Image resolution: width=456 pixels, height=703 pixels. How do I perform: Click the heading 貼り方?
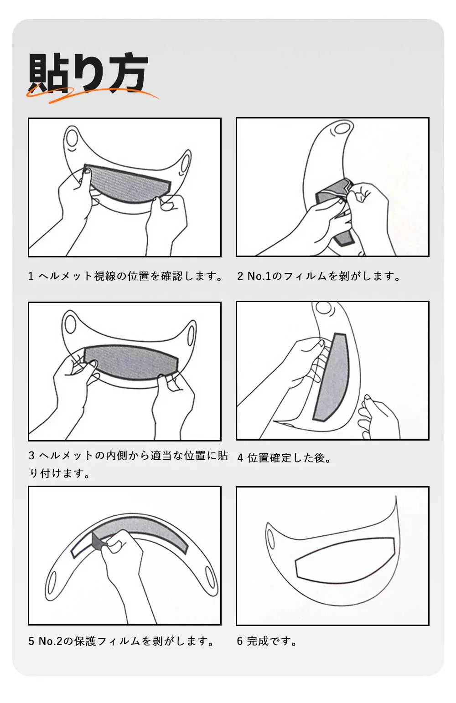(x=88, y=74)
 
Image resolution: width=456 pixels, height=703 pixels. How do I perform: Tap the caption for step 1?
(x=125, y=276)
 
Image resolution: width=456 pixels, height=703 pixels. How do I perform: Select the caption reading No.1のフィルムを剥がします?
(x=319, y=276)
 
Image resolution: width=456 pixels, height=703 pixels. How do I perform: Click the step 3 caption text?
(x=128, y=464)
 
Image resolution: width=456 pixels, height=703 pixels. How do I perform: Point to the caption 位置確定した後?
(x=284, y=458)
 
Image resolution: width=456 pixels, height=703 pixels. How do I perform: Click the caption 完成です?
(x=267, y=641)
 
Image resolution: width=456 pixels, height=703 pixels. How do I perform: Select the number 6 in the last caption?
(x=240, y=641)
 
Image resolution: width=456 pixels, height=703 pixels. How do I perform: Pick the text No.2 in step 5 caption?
(x=50, y=641)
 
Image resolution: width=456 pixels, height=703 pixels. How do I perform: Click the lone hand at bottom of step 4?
(x=378, y=417)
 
